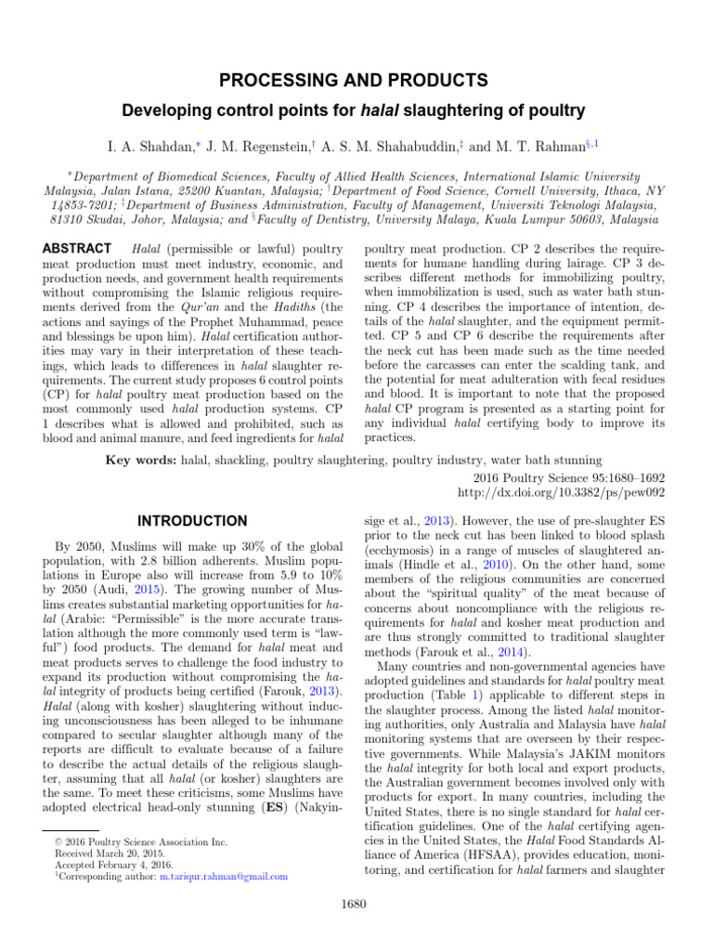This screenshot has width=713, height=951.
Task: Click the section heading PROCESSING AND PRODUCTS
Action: click(356, 80)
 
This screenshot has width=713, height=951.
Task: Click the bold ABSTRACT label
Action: click(77, 249)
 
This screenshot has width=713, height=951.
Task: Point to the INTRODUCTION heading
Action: click(192, 521)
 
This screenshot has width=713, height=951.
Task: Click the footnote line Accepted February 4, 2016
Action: click(107, 864)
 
